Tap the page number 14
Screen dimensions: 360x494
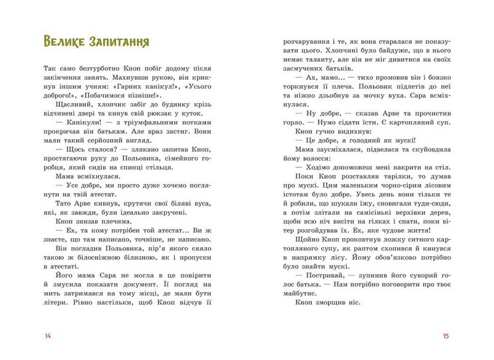[48, 337]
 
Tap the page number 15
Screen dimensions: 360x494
[446, 337]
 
